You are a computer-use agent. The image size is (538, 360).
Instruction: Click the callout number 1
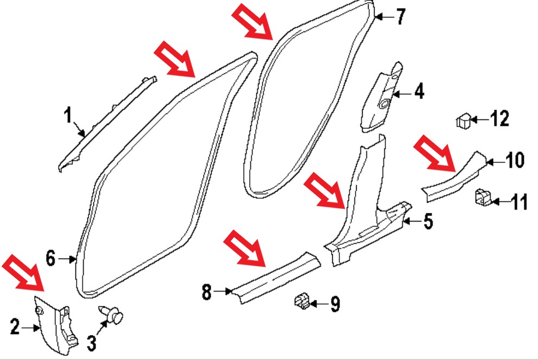tap(68, 115)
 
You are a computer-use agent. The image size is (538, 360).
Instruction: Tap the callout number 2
tap(15, 327)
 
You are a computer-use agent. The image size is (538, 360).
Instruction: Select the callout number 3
tap(91, 343)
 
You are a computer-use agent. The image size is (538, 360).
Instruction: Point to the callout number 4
tap(419, 92)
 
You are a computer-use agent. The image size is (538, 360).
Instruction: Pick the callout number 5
tap(428, 221)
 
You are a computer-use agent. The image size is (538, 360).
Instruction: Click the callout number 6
tap(50, 258)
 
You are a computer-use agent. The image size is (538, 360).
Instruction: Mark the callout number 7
tap(401, 16)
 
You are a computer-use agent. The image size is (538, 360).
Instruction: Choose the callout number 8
tap(206, 292)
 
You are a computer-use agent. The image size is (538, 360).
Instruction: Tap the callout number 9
tap(335, 304)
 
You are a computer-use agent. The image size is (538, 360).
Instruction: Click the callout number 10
tap(515, 160)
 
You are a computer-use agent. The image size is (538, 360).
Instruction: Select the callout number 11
tap(519, 202)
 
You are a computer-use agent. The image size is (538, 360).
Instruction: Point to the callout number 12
tap(499, 119)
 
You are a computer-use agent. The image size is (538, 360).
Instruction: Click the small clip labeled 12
tap(464, 121)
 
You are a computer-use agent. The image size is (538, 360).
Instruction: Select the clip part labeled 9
tap(302, 302)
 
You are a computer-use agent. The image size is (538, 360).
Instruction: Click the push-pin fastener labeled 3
tap(111, 314)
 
